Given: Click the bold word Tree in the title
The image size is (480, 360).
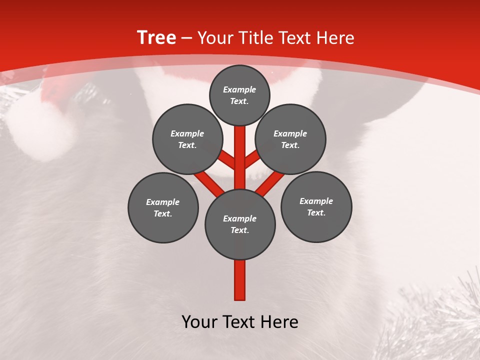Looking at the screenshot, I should point(156,37).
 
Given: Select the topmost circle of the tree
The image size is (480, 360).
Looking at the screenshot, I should point(239,95).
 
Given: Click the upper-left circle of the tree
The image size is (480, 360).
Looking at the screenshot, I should point(187,139).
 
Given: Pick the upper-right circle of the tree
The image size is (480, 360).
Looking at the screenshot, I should point(290,139).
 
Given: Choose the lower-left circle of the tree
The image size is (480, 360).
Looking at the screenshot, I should point(163,207).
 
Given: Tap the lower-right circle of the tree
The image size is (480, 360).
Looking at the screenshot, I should point(316,206).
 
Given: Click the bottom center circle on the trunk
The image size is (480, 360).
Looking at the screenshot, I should point(240,224).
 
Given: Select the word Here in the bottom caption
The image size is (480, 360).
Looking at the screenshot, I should point(280,322).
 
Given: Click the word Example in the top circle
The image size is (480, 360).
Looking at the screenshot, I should point(239,89).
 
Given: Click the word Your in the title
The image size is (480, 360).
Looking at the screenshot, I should point(216,38).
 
